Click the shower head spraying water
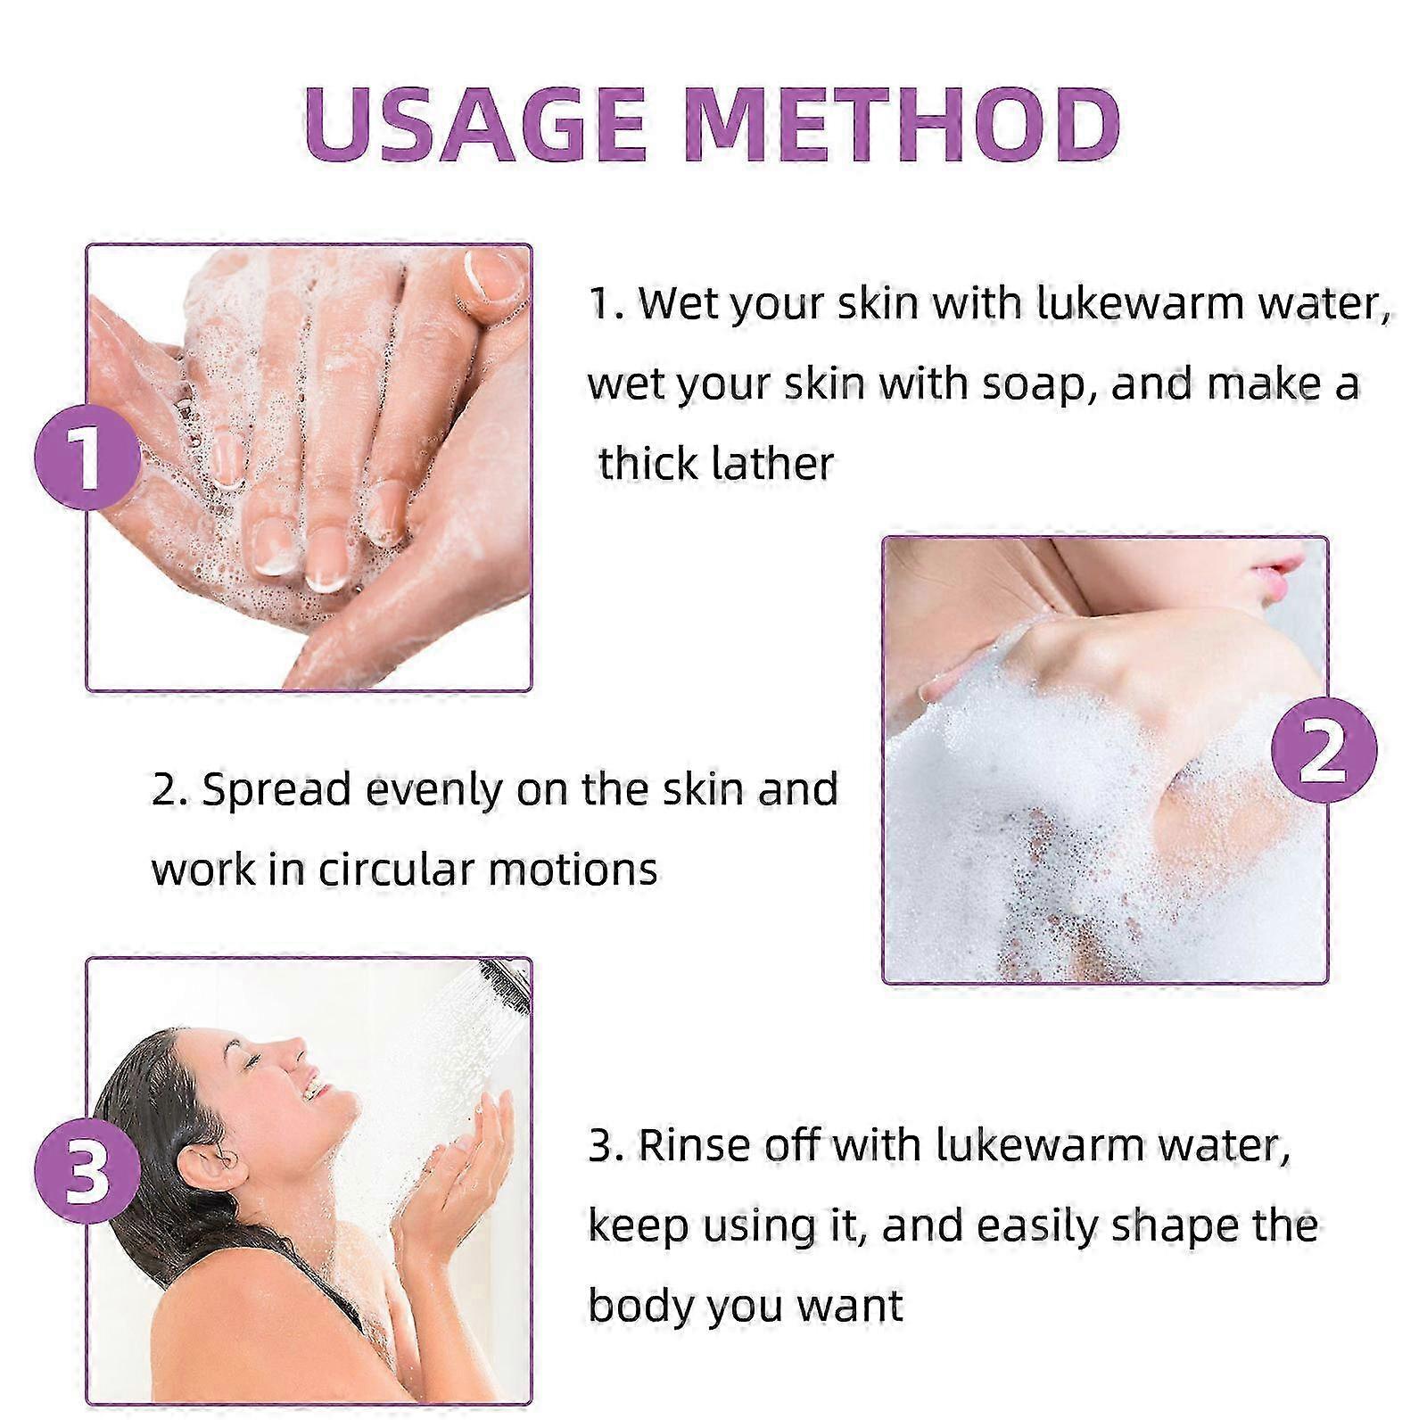pyautogui.click(x=505, y=986)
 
